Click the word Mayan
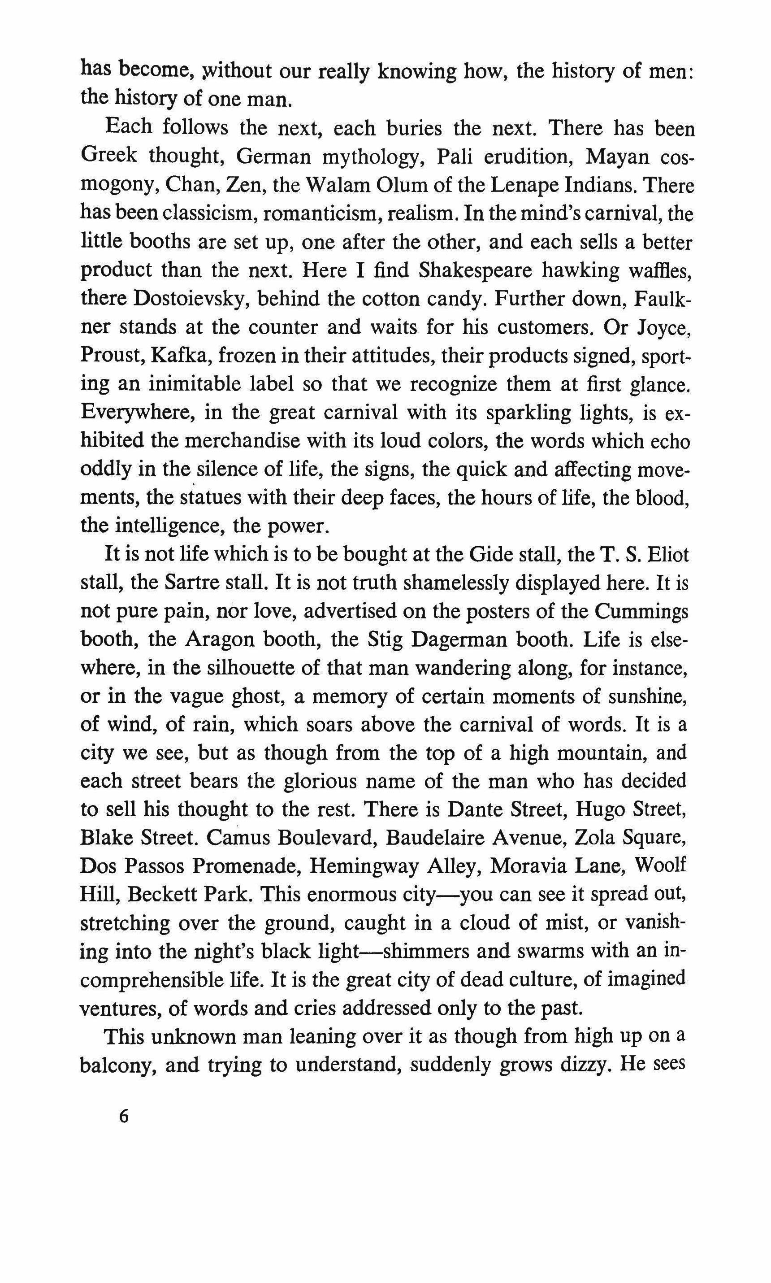coord(623,157)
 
